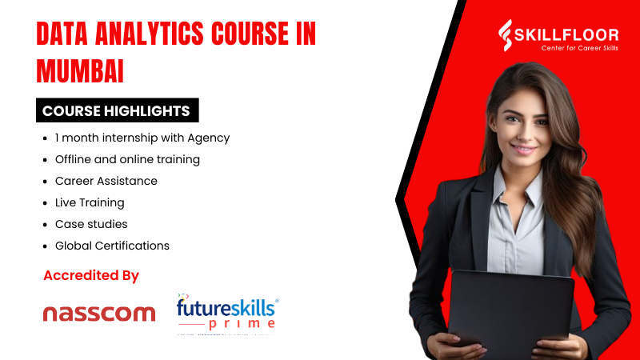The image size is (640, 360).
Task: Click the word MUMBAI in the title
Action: click(80, 71)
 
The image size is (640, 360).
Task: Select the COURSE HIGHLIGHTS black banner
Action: click(116, 110)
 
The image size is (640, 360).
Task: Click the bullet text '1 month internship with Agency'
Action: click(142, 138)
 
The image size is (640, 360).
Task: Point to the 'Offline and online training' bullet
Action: click(127, 159)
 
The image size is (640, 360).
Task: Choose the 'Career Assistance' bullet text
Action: click(106, 181)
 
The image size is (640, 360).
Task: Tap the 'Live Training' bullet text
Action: click(90, 202)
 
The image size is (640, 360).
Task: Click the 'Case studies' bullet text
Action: click(91, 224)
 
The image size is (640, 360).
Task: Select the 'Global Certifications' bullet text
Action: click(112, 246)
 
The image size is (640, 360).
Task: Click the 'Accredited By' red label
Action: click(91, 276)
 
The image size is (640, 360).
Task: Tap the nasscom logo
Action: click(98, 313)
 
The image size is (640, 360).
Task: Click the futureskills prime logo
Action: click(227, 312)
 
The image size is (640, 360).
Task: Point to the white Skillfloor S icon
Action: click(506, 36)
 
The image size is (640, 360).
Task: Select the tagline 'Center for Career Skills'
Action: click(569, 48)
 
